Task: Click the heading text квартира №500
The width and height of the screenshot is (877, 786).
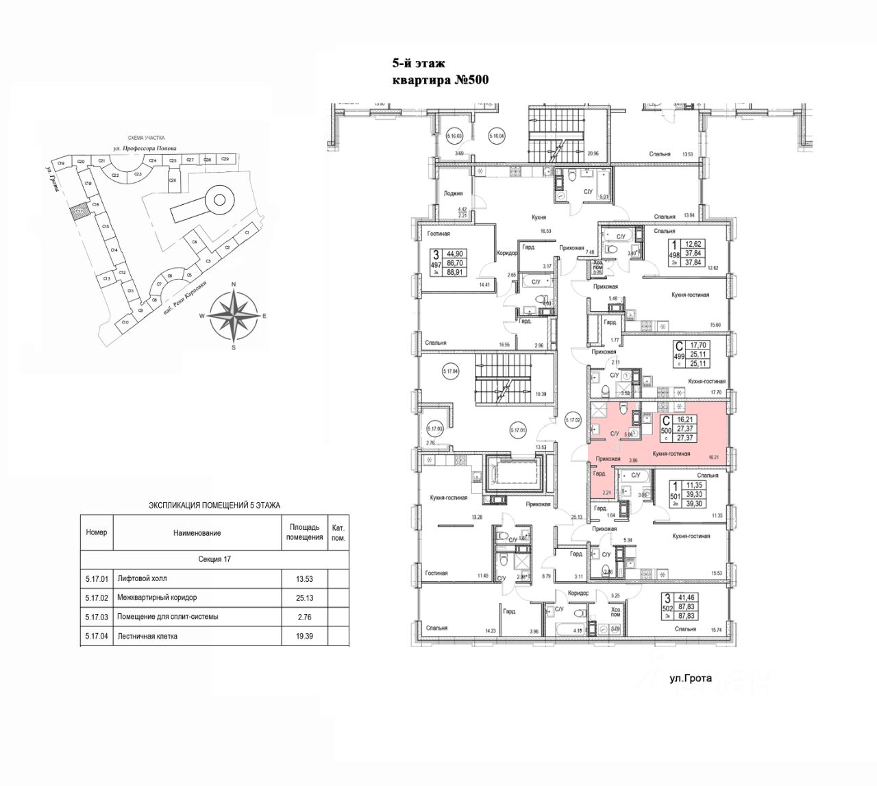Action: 438,80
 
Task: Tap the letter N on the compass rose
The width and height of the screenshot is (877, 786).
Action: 234,284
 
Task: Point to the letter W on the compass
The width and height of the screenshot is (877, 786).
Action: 201,316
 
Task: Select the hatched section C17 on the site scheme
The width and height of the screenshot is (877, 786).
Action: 80,212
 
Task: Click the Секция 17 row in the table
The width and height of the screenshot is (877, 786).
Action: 214,559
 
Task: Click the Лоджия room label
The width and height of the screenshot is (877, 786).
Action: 454,194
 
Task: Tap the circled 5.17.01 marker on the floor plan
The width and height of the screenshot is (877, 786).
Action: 517,430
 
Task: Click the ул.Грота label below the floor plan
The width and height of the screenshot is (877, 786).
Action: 691,679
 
